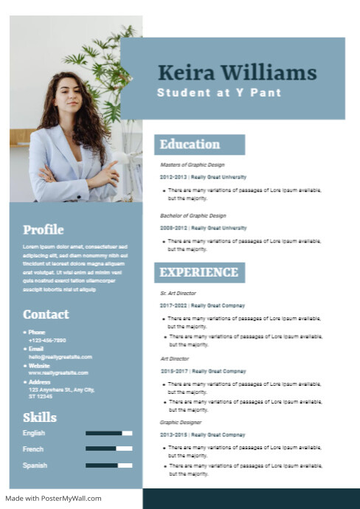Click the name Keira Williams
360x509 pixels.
(237, 73)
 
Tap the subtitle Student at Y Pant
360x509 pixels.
(219, 93)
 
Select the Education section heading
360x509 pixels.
(190, 145)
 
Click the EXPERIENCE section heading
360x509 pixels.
(199, 272)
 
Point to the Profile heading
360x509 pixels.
(44, 229)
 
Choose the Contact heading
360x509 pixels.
(46, 314)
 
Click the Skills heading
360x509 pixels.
(40, 418)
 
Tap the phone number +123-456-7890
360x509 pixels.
(47, 340)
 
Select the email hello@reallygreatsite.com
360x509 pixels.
(60, 356)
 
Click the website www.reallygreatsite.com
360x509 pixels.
(58, 373)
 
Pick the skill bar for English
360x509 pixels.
(108, 433)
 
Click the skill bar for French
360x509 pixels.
(108, 449)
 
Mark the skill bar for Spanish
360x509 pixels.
(108, 465)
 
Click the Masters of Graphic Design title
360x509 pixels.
(193, 165)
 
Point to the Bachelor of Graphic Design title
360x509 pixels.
(193, 215)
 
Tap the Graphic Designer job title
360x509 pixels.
(180, 423)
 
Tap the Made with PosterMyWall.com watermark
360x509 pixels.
(53, 498)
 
